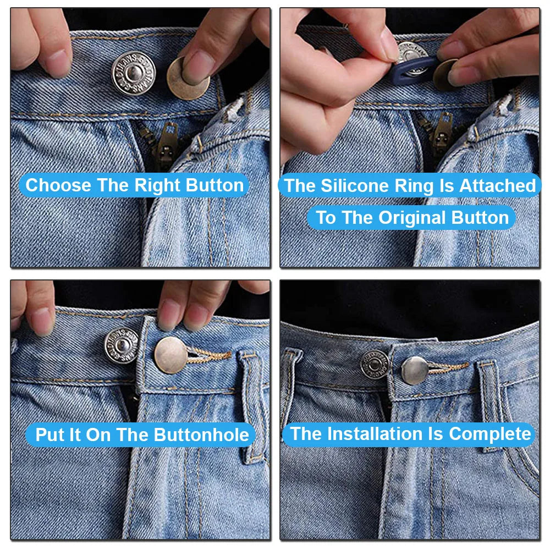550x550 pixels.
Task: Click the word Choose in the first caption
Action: click(58, 185)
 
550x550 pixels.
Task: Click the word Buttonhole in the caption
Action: click(201, 435)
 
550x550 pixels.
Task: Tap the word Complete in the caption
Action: click(490, 435)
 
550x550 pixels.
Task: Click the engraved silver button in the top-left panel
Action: click(134, 73)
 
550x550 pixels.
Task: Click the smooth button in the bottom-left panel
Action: click(171, 355)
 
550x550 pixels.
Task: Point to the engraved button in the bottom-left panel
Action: click(122, 346)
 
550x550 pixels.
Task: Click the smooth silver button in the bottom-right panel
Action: click(415, 370)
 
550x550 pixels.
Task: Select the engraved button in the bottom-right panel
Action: click(375, 365)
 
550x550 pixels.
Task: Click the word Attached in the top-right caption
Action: click(498, 185)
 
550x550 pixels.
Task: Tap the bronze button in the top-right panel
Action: click(445, 75)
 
